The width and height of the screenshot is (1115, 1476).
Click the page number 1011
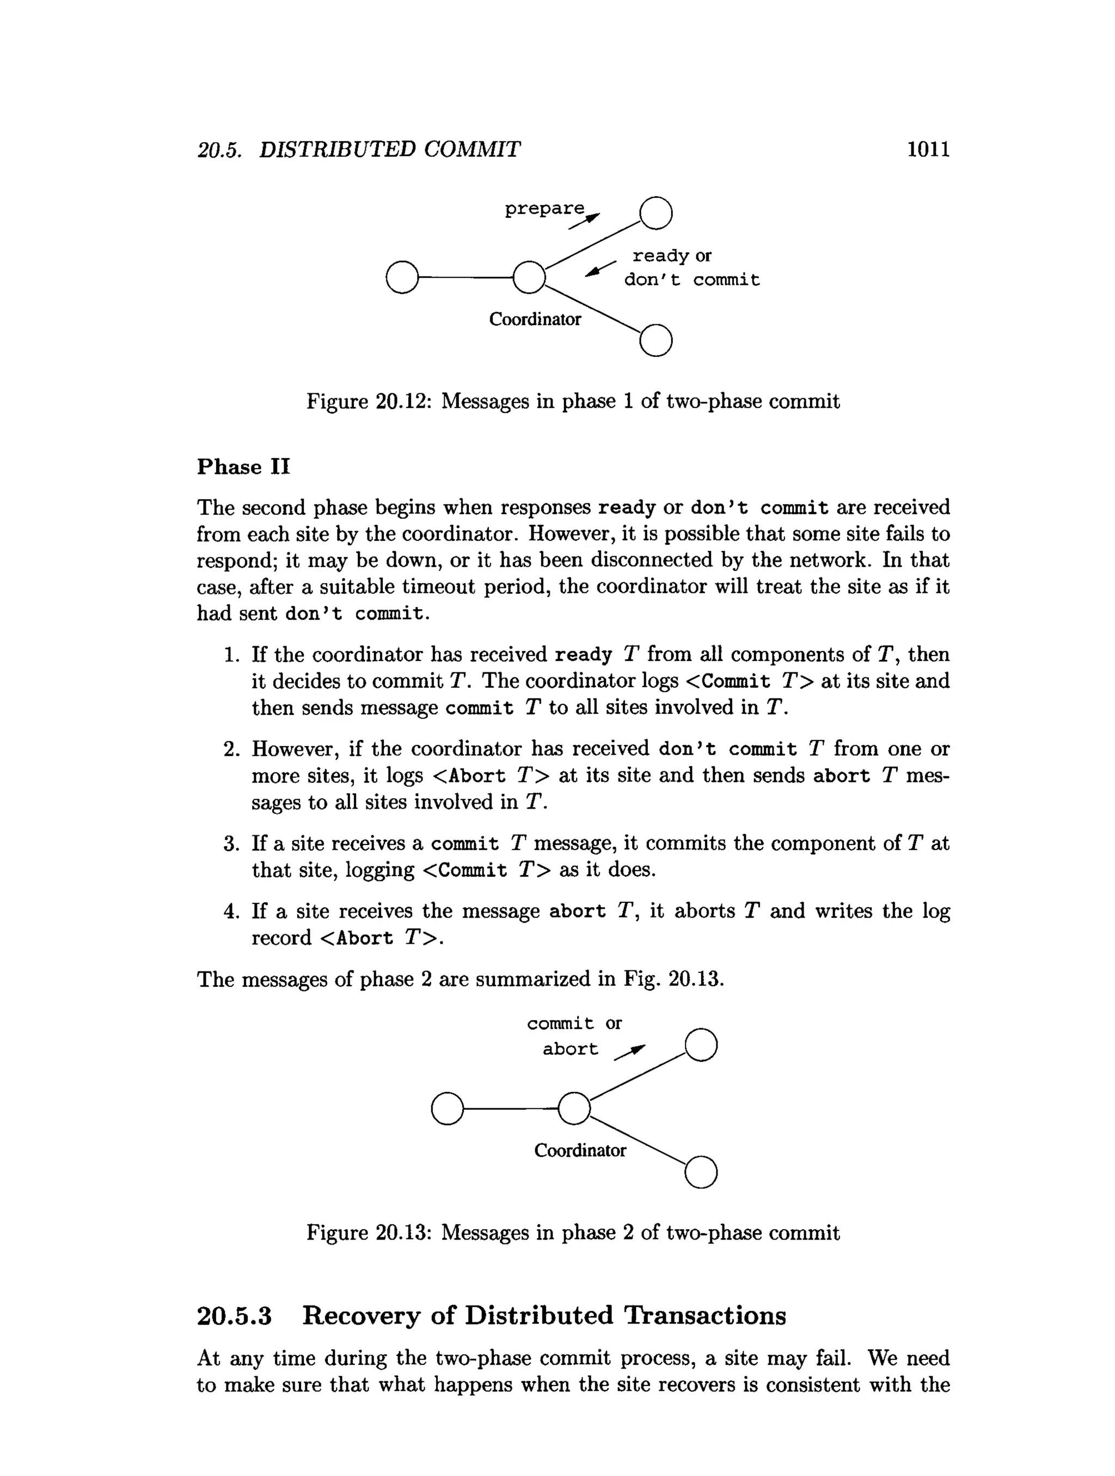[928, 149]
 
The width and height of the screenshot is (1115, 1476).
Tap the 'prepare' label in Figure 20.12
[544, 208]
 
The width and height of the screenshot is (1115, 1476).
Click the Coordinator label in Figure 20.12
[535, 320]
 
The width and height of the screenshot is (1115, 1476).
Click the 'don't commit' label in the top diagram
[691, 280]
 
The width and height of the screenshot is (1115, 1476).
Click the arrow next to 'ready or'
[600, 269]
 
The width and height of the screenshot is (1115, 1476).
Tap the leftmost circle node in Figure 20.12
[402, 277]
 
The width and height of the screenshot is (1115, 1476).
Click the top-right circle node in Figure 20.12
[655, 213]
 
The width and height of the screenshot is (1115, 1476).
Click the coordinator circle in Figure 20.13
[573, 1108]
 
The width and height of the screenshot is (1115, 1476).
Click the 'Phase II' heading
[243, 466]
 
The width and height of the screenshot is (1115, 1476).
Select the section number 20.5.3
[234, 1315]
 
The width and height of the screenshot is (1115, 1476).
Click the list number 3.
[231, 843]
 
